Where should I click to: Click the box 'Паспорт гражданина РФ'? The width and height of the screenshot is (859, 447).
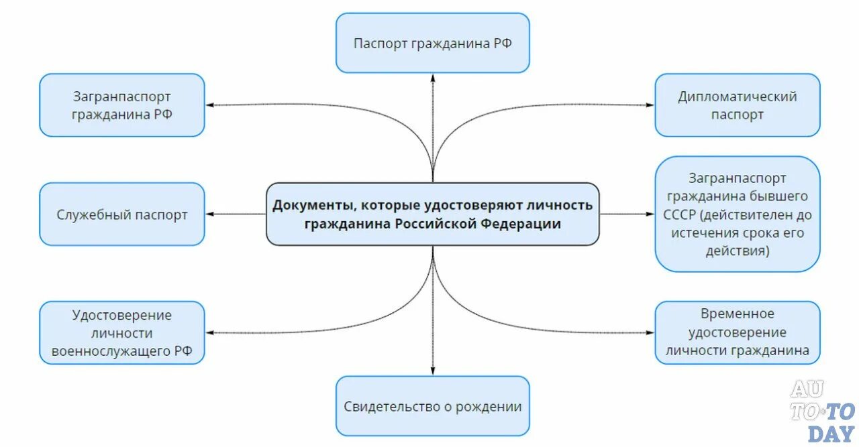tap(433, 43)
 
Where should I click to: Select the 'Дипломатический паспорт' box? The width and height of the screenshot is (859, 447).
tap(737, 105)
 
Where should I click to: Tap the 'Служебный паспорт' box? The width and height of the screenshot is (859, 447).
tap(121, 214)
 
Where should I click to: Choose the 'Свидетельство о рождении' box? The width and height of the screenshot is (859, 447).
tap(433, 407)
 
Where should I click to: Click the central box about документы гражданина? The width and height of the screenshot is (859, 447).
tap(433, 214)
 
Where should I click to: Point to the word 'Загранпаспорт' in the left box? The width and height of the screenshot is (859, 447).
tap(121, 97)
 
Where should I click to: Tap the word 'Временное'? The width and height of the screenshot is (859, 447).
tap(737, 314)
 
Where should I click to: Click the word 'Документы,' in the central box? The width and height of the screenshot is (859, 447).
tap(310, 205)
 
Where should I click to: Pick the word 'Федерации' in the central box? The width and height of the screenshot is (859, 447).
tap(528, 224)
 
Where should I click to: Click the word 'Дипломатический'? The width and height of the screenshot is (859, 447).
tap(737, 97)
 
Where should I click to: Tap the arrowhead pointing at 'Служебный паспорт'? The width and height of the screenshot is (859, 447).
tap(209, 214)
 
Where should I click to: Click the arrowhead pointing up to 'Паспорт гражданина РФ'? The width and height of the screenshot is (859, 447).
tap(433, 77)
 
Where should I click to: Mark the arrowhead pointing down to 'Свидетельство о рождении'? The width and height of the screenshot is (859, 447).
tap(433, 371)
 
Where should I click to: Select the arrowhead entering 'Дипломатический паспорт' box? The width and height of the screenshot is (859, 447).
tap(649, 105)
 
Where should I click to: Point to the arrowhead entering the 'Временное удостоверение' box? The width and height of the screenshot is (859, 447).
tap(649, 332)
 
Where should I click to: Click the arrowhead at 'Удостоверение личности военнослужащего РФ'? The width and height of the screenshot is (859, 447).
tap(209, 332)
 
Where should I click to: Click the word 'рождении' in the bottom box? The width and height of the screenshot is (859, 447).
tap(495, 407)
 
